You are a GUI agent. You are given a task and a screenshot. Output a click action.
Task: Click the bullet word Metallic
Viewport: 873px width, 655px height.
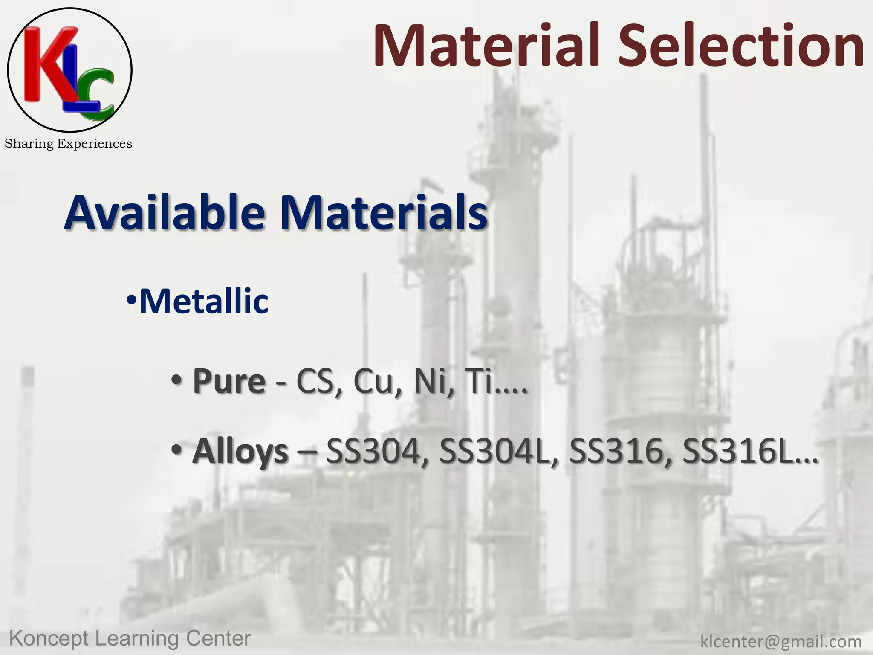[204, 301]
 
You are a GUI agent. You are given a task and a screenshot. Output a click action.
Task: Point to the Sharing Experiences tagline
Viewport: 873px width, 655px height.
[68, 144]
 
